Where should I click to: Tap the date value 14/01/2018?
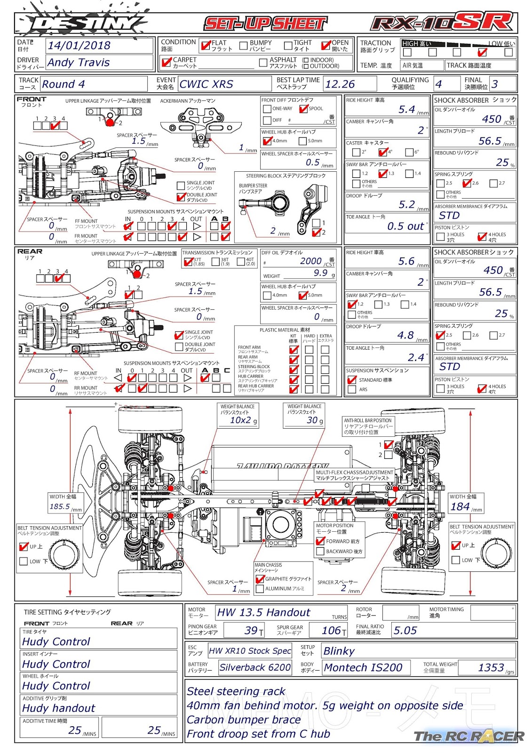(x=79, y=46)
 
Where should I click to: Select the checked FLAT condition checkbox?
(x=205, y=46)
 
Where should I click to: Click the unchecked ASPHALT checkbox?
(x=263, y=62)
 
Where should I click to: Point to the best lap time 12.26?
(x=340, y=84)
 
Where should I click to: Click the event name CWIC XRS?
(x=206, y=84)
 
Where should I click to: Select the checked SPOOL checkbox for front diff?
(x=303, y=109)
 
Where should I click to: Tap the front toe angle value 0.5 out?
(x=405, y=226)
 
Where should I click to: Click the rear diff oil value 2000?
(x=310, y=261)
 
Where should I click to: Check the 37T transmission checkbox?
(x=188, y=262)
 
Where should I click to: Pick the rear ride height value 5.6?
(x=406, y=261)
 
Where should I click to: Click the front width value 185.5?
(x=60, y=507)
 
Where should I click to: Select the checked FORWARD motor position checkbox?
(x=320, y=541)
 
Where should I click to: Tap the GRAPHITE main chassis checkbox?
(x=260, y=579)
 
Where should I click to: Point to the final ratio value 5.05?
(x=405, y=631)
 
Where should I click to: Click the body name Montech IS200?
(x=363, y=668)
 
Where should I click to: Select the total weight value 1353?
(x=491, y=668)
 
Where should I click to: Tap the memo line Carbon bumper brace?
(x=244, y=720)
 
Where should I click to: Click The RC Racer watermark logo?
(x=468, y=737)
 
